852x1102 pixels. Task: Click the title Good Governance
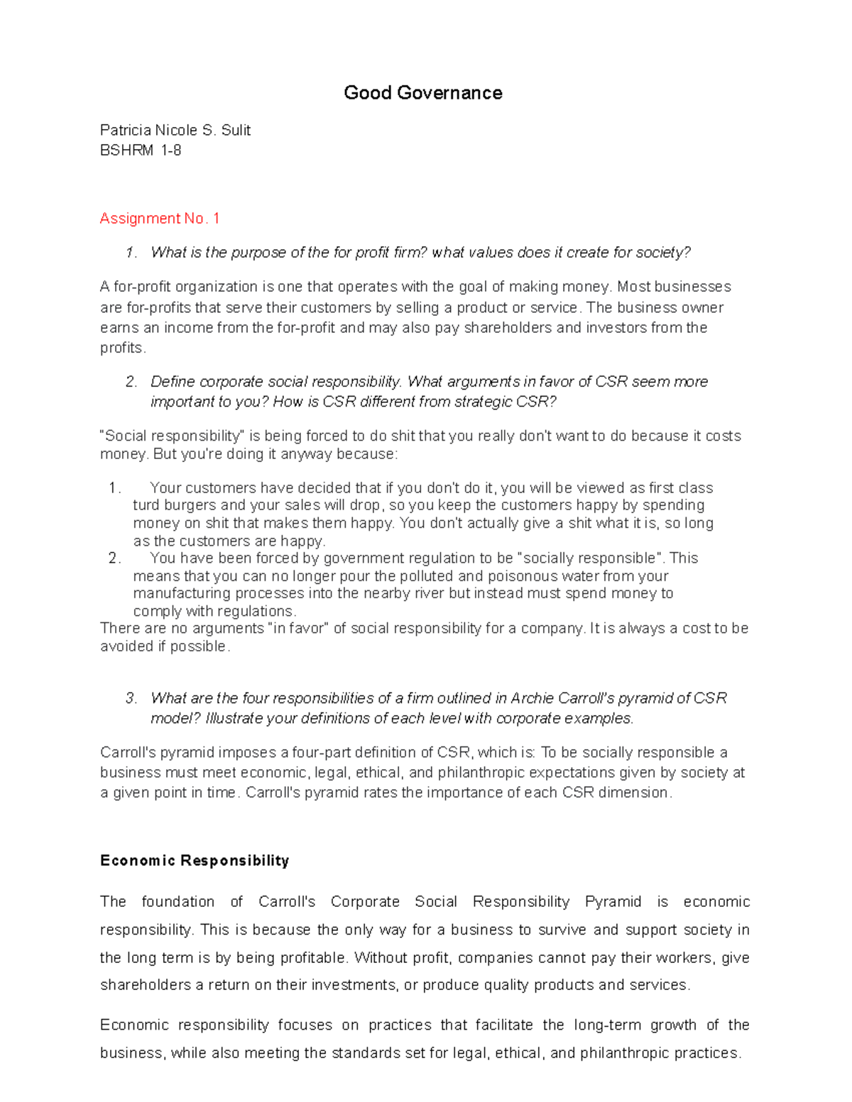click(422, 93)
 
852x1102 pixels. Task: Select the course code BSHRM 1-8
click(141, 150)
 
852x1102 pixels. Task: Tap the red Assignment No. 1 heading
click(160, 219)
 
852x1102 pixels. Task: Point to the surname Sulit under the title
click(236, 131)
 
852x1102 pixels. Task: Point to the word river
click(426, 593)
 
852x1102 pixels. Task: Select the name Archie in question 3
click(532, 698)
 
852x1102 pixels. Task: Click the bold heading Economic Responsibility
click(195, 861)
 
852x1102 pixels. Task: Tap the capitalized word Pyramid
click(613, 902)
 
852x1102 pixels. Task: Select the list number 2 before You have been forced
click(114, 558)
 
